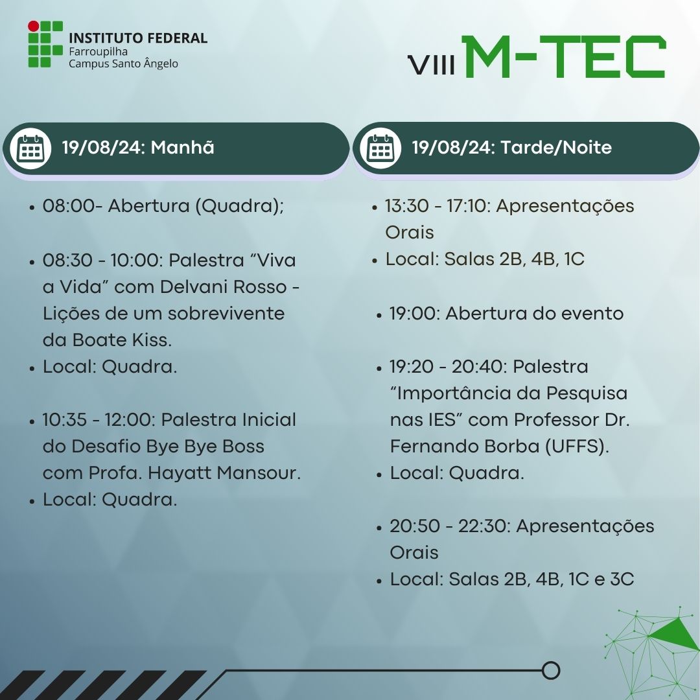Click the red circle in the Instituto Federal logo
coord(34,27)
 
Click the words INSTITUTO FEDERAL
coord(138,38)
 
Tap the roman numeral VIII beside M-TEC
coord(432,65)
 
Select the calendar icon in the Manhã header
coord(30,148)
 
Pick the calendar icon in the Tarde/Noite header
coord(381,148)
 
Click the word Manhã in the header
coord(183,147)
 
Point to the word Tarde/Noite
coord(556,147)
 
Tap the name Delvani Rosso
coord(223,286)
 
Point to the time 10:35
coord(64,419)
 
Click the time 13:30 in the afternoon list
coord(406,206)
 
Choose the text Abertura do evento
coord(534,314)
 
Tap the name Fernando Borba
coord(465,446)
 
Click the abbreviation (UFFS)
coord(577,446)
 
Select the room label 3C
coord(622,579)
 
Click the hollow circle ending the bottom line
coord(551,671)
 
